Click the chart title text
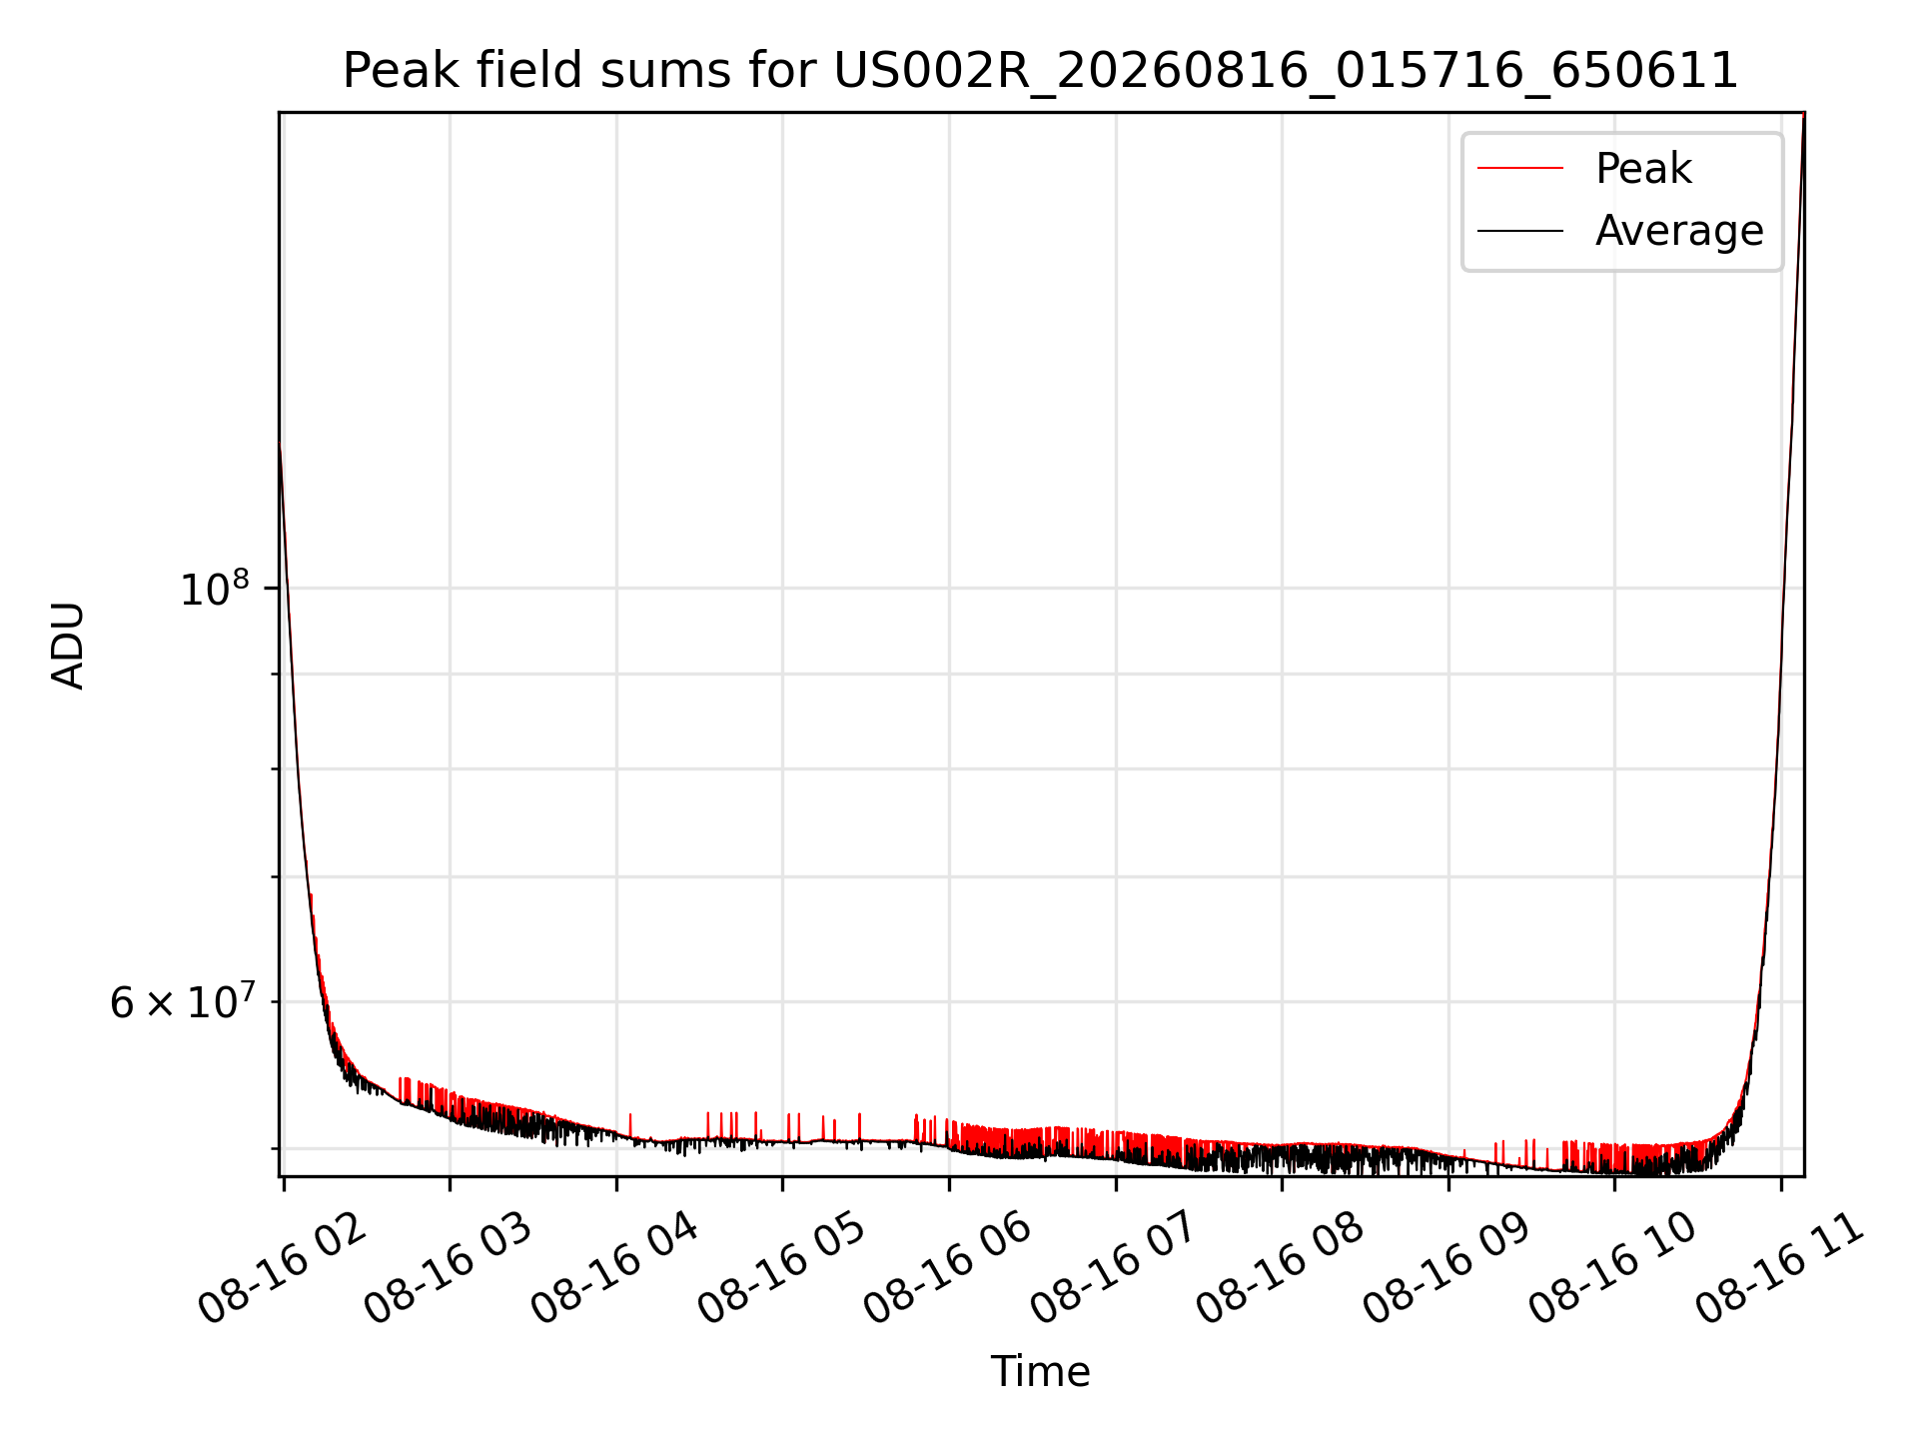[x=1041, y=71]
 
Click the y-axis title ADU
[x=68, y=646]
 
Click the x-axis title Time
[x=1040, y=1371]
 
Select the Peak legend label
[x=1643, y=168]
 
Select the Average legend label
[x=1679, y=231]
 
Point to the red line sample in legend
[x=1520, y=168]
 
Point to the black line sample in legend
[x=1520, y=231]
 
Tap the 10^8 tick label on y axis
[x=214, y=589]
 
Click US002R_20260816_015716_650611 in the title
[x=1286, y=72]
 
